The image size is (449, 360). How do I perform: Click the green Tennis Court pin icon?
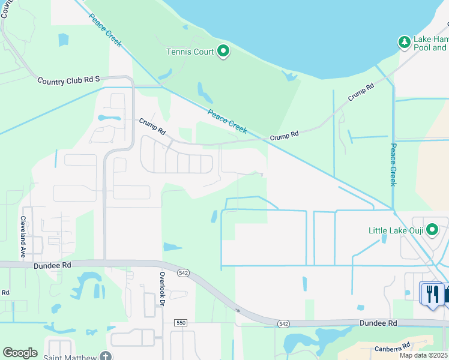pos(223,52)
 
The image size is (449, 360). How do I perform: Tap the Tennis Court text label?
pos(190,52)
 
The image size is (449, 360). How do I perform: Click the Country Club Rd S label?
pos(68,81)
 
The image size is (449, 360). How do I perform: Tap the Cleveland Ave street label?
pos(23,237)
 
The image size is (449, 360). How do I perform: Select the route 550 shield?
pos(181,323)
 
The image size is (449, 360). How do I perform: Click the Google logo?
pos(20,353)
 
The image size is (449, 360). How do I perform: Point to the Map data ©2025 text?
pos(423,355)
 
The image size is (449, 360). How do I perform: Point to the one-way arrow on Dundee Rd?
pos(238,310)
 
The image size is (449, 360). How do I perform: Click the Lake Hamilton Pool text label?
pos(431,43)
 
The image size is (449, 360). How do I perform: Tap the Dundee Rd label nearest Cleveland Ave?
pos(53,263)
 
